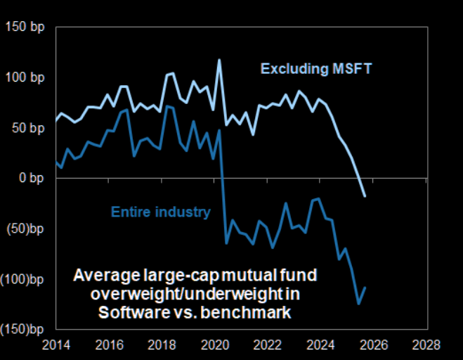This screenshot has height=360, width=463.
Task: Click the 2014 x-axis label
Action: click(x=57, y=345)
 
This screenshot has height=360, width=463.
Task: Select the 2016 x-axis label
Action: click(x=110, y=345)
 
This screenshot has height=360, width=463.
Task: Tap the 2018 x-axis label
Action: click(x=162, y=345)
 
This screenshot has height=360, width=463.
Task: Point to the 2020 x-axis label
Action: click(x=215, y=345)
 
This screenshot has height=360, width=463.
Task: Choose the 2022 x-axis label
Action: click(x=268, y=345)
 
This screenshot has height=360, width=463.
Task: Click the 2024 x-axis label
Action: click(x=320, y=345)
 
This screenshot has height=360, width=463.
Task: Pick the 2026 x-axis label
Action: click(x=373, y=345)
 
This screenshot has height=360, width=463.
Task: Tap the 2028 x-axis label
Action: click(x=426, y=345)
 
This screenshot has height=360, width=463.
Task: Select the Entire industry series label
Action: click(x=161, y=211)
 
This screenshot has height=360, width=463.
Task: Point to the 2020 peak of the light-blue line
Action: click(x=219, y=60)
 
